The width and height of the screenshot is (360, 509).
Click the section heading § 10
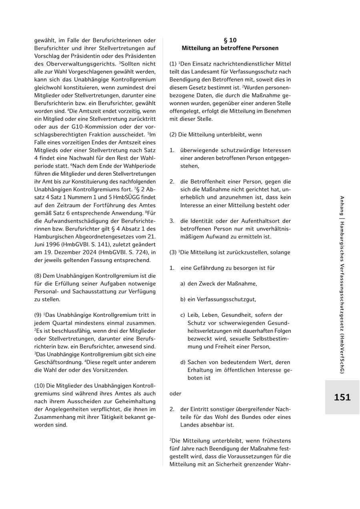coord(230,40)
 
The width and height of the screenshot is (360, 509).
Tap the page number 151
coord(342,397)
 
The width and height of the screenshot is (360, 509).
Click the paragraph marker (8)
coord(38,276)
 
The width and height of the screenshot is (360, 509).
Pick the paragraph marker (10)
coord(40,386)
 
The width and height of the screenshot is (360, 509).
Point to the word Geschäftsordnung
coord(56,362)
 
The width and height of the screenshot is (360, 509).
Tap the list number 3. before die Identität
coord(172,221)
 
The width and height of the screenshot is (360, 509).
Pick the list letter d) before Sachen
coord(183,362)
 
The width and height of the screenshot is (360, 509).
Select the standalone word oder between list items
coord(175,394)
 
